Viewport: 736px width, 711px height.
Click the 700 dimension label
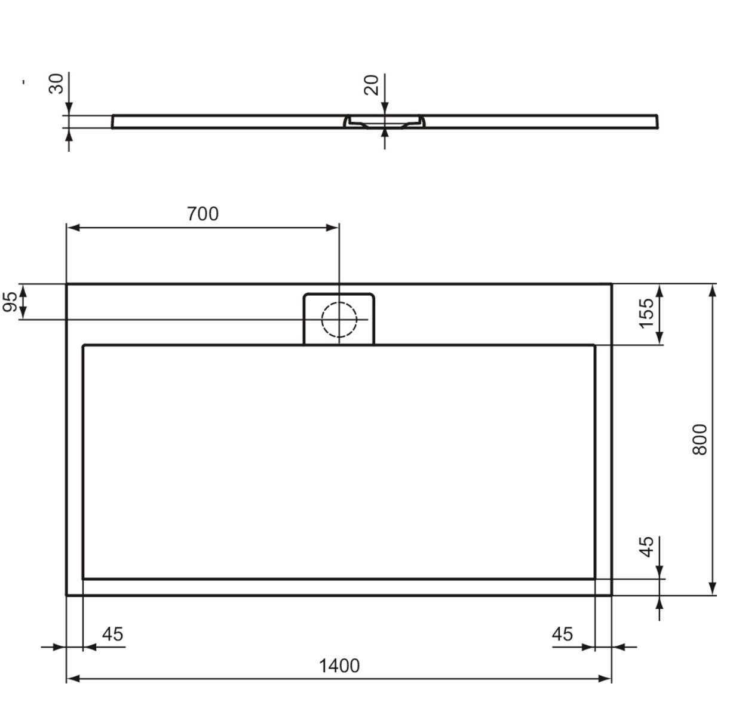[x=203, y=214]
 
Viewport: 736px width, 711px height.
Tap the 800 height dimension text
[x=700, y=440]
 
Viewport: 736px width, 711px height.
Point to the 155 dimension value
[x=646, y=314]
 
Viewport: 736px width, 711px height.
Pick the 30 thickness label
[x=56, y=84]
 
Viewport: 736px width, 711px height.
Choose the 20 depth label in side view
[x=371, y=85]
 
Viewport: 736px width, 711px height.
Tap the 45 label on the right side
[x=646, y=547]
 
